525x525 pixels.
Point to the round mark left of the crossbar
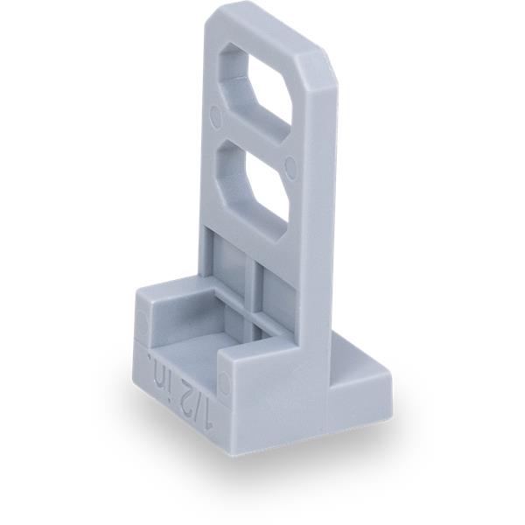click(x=216, y=117)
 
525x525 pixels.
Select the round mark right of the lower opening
click(x=291, y=166)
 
